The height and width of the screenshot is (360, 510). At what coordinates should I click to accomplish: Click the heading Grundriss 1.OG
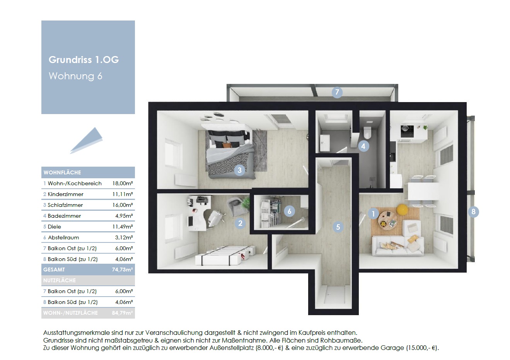click(84, 60)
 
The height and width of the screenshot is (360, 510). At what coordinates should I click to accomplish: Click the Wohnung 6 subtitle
click(75, 76)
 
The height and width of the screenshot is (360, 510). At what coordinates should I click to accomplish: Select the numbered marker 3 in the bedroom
click(239, 170)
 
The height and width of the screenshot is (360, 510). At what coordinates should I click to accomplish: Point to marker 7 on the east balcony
click(337, 92)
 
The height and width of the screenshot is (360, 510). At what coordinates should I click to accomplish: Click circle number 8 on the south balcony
click(473, 212)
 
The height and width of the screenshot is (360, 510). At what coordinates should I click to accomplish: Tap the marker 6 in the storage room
click(289, 211)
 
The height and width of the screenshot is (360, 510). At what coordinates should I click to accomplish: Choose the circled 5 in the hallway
click(338, 227)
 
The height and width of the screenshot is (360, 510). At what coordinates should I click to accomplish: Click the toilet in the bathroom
click(367, 132)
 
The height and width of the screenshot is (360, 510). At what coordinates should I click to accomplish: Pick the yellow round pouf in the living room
click(402, 210)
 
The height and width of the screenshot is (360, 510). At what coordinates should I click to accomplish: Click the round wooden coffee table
click(388, 220)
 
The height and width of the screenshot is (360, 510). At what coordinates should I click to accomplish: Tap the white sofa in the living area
click(398, 246)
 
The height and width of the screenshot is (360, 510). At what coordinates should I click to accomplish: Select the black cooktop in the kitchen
click(407, 131)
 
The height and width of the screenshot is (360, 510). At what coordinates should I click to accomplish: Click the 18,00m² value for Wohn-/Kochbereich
click(123, 184)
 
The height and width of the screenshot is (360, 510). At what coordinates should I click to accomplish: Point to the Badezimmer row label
click(64, 216)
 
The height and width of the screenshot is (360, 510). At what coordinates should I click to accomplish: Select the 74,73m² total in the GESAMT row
click(122, 270)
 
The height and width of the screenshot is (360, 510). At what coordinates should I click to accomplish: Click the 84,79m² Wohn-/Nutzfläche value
click(122, 313)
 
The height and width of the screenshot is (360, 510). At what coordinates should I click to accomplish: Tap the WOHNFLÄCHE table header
click(62, 172)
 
